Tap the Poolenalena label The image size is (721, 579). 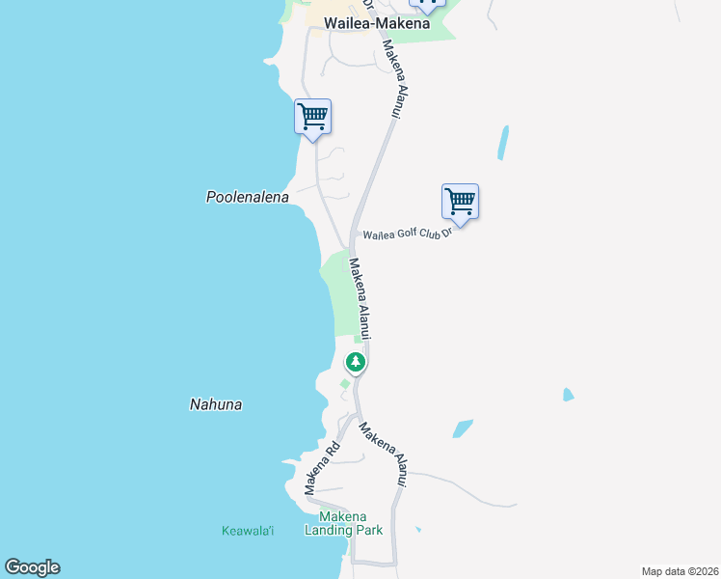[248, 197]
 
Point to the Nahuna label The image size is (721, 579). [216, 405]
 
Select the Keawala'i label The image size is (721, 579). [248, 531]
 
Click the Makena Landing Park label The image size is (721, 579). [344, 523]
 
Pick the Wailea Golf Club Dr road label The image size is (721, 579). [407, 233]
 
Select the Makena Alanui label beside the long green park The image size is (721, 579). [360, 297]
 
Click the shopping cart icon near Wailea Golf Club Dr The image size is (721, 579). [461, 203]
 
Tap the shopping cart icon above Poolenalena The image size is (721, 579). [312, 118]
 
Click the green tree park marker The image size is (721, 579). [356, 363]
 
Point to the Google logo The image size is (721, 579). [32, 567]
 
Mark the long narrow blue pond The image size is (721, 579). [502, 143]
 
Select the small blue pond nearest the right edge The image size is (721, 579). [568, 395]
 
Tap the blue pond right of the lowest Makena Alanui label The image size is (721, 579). [463, 428]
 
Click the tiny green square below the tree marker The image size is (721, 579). [344, 384]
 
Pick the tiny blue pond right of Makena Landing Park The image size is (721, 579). [417, 529]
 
